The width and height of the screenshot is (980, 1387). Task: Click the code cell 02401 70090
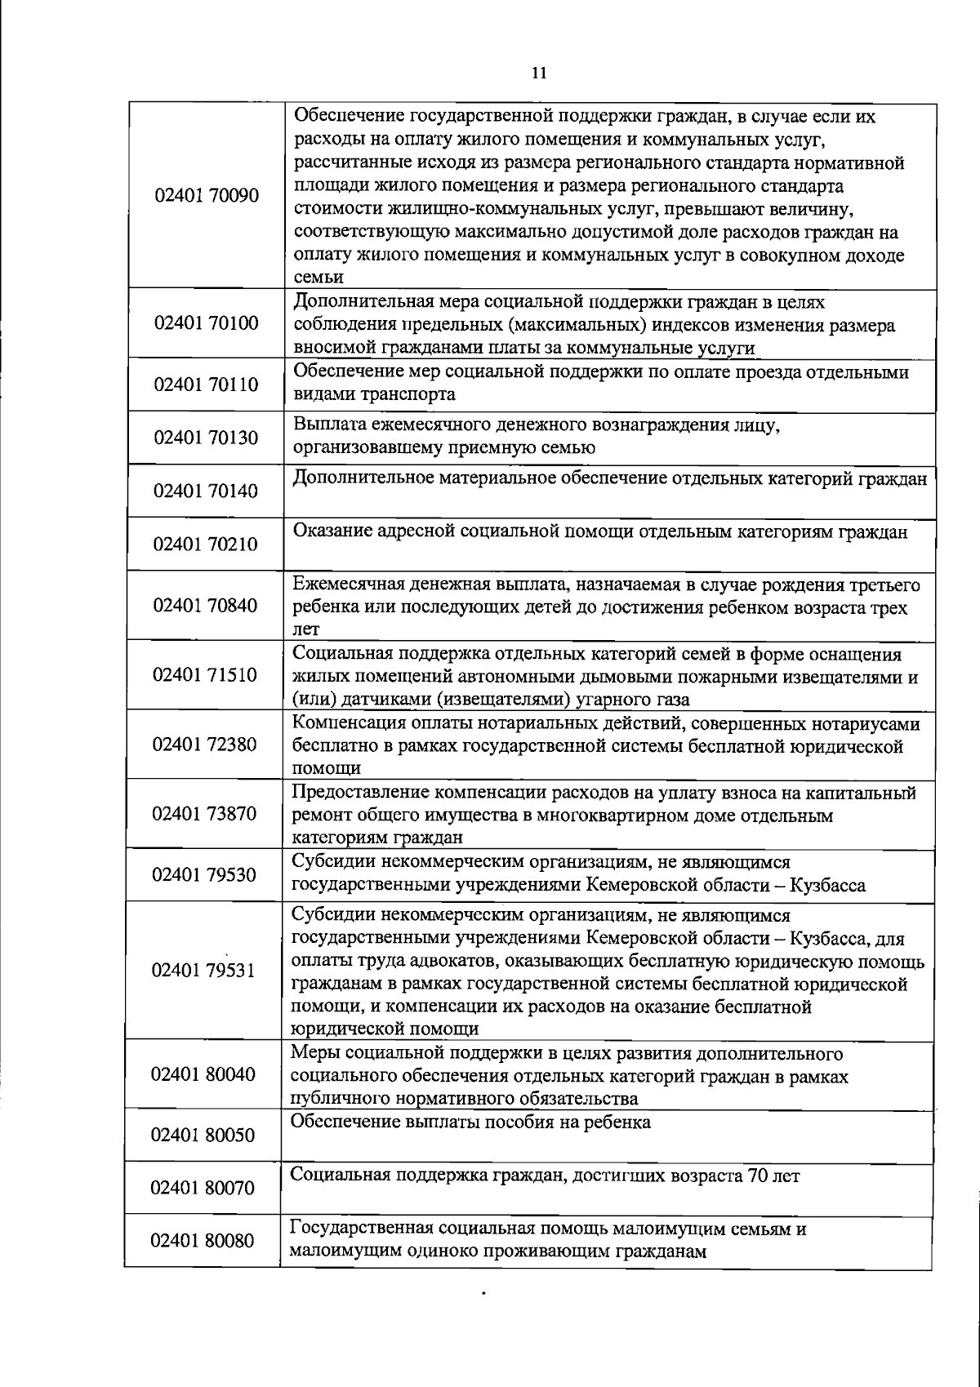coord(206,196)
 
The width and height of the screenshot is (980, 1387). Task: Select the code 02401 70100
coord(206,323)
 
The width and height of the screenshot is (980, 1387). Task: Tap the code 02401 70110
coord(206,385)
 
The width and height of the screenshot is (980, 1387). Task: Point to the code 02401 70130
coord(206,438)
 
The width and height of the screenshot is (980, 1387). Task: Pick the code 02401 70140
coord(206,491)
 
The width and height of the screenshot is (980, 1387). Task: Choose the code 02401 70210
coord(206,544)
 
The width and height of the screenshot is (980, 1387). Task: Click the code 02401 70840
coord(206,606)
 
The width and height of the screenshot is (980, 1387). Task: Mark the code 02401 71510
coord(206,675)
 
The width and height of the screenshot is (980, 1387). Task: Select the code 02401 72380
coord(206,745)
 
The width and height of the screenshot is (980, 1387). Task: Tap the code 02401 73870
coord(206,814)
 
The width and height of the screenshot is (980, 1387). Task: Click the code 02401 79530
coord(206,875)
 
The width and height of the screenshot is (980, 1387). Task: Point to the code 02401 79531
coord(204,971)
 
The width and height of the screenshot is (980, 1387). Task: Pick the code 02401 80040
coord(204,1074)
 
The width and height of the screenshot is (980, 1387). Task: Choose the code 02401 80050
coord(204,1136)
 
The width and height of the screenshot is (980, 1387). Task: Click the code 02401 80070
coord(204,1188)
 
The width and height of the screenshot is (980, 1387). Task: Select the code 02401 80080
coord(204,1241)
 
